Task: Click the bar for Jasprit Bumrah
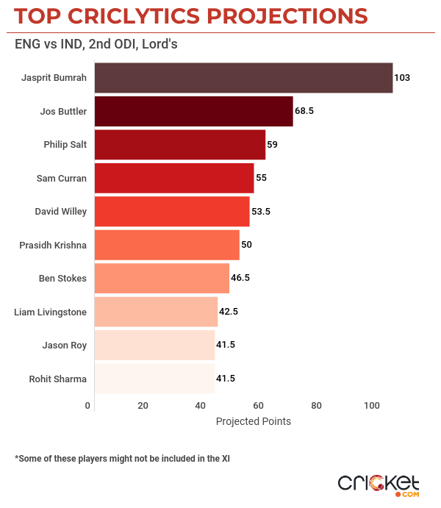pyautogui.click(x=243, y=78)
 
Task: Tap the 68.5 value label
pyautogui.click(x=305, y=111)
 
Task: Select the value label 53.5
pyautogui.click(x=262, y=212)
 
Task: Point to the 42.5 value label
pyautogui.click(x=229, y=312)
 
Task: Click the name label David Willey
pyautogui.click(x=61, y=212)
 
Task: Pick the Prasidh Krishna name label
pyautogui.click(x=53, y=245)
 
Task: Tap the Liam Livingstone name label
pyautogui.click(x=51, y=312)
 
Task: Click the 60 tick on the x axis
pyautogui.click(x=258, y=406)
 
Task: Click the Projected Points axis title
pyautogui.click(x=254, y=421)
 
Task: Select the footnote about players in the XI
pyautogui.click(x=122, y=458)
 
